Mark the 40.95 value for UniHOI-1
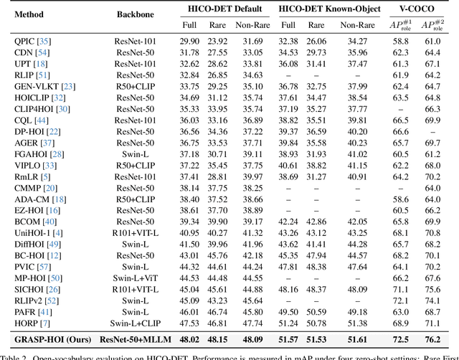(x=189, y=233)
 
